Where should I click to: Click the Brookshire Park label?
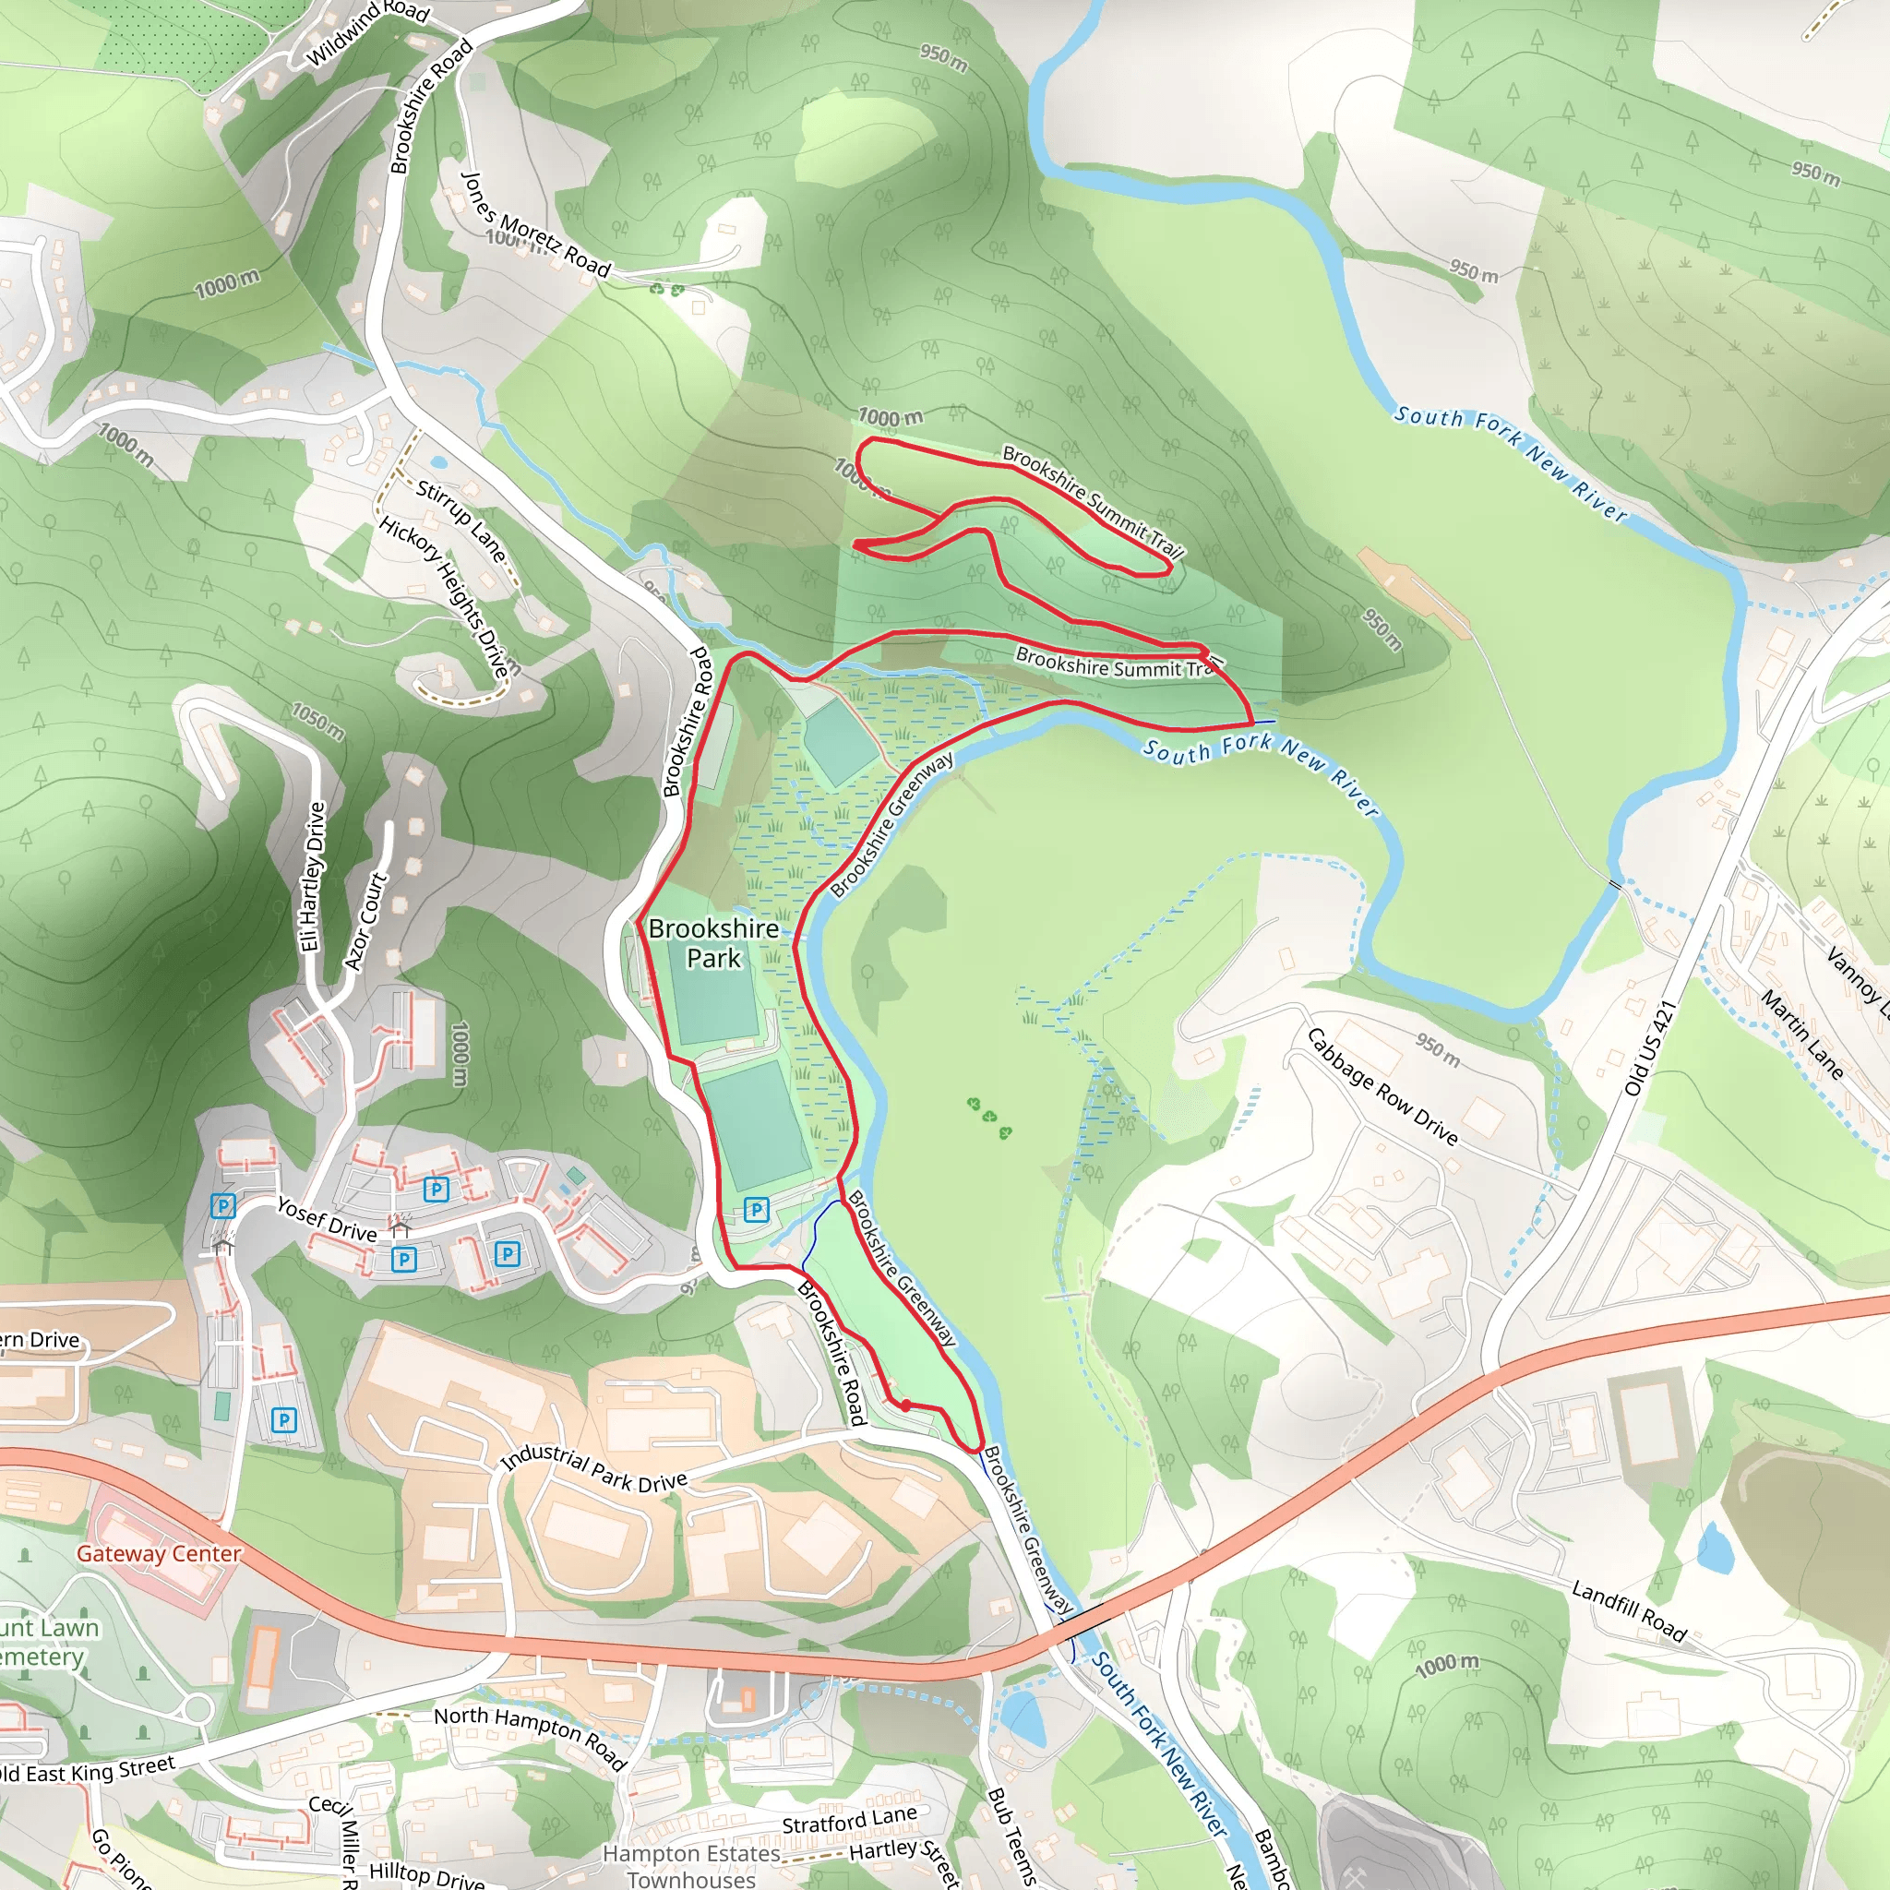tap(713, 943)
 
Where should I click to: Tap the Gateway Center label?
tap(159, 1553)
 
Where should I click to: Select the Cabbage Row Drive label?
tap(1382, 1086)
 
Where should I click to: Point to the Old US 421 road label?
tap(1649, 1047)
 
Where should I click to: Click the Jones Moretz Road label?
tap(535, 224)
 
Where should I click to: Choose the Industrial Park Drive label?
tap(593, 1468)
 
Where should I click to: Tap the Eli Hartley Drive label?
tap(312, 877)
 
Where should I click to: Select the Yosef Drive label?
tap(327, 1219)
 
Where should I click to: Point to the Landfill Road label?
tap(1629, 1610)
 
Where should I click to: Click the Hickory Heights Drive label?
tap(446, 596)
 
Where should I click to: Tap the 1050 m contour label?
tap(318, 722)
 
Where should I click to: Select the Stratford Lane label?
tap(849, 1821)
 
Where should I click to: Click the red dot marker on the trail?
tap(906, 1405)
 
